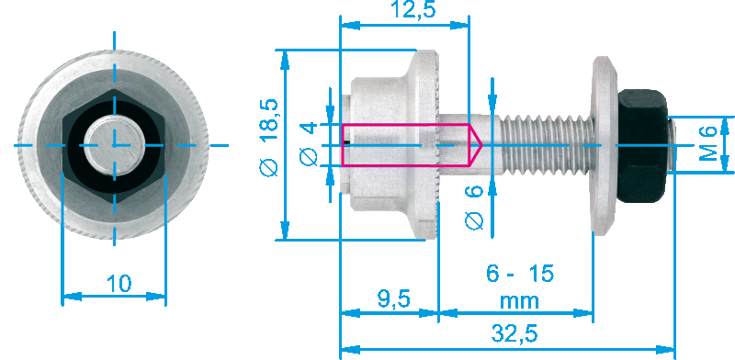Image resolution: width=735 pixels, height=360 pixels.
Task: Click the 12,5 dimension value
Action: pyautogui.click(x=413, y=9)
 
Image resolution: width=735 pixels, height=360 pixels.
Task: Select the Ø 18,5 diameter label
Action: pyautogui.click(x=269, y=138)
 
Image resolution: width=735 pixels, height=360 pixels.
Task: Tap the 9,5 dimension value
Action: pyautogui.click(x=394, y=298)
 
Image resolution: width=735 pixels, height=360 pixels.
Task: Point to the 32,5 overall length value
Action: pyautogui.click(x=514, y=334)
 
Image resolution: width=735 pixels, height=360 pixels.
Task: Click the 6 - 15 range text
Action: pyautogui.click(x=520, y=274)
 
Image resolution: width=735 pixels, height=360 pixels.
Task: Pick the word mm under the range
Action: pyautogui.click(x=519, y=300)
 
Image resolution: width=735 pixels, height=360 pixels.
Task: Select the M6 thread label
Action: pyautogui.click(x=708, y=143)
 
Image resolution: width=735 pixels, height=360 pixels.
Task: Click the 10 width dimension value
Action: pyautogui.click(x=119, y=284)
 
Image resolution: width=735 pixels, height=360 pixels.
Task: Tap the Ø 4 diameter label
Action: pyautogui.click(x=309, y=144)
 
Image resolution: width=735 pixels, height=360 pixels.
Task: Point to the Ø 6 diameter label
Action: pyautogui.click(x=474, y=207)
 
